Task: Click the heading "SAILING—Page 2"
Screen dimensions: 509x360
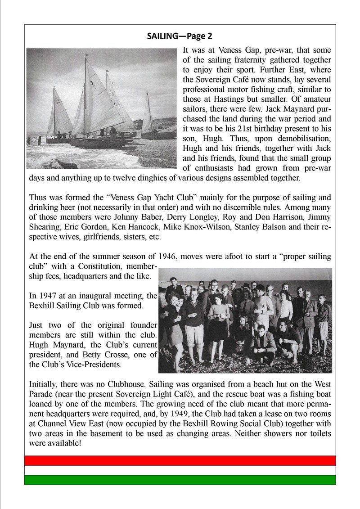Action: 180,36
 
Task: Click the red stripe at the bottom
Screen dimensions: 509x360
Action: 180,460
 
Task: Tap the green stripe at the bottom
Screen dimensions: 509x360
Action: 180,480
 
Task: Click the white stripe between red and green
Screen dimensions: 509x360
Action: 180,470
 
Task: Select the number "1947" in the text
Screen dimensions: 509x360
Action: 47,296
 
